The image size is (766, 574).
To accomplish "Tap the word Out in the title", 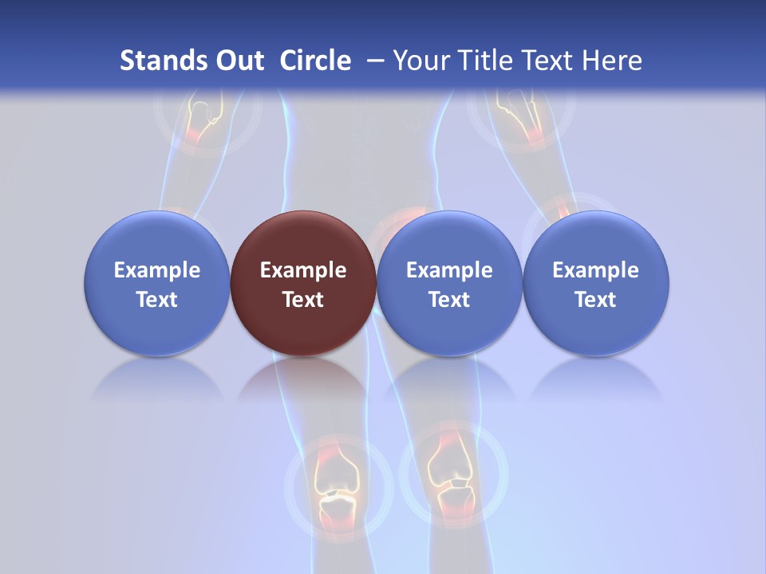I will click(236, 61).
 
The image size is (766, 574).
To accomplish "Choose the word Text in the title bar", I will click(550, 61).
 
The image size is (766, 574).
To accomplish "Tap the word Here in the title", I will click(613, 61).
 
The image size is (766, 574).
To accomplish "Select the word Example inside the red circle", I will click(303, 270).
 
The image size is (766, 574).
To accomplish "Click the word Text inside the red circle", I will click(303, 300).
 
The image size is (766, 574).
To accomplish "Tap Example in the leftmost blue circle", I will click(156, 270).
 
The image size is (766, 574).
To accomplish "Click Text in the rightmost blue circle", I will click(596, 300).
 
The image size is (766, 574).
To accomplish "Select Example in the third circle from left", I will click(449, 270).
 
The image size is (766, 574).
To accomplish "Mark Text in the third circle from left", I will click(449, 300).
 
